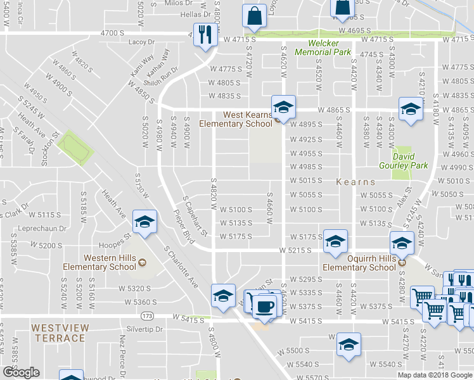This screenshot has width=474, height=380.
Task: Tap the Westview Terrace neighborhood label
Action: tap(58, 333)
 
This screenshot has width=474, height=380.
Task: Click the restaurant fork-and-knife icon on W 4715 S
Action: tap(204, 33)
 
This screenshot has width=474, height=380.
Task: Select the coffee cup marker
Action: tap(265, 307)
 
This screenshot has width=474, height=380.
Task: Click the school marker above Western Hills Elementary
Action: tap(144, 222)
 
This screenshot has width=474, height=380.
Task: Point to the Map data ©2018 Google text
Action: tap(435, 375)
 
